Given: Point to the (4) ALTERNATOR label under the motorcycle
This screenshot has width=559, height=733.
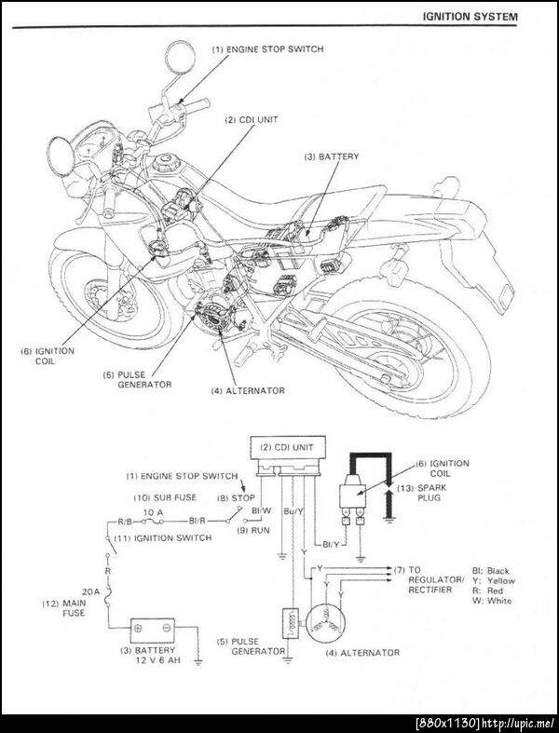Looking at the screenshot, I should click(251, 389).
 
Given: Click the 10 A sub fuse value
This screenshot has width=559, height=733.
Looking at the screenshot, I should click(152, 512).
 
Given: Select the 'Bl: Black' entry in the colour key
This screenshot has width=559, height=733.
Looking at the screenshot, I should click(490, 570).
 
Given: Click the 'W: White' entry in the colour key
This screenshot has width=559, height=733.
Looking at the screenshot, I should click(492, 601).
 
